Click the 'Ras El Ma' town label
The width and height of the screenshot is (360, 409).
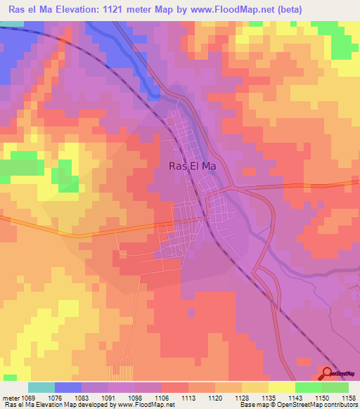[192, 167]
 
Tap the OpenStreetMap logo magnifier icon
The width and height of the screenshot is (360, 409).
[328, 373]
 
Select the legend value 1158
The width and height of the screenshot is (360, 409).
[348, 397]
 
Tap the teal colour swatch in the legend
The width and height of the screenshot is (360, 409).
[41, 387]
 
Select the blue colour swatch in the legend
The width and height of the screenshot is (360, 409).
[68, 387]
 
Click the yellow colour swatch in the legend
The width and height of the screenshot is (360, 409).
[281, 387]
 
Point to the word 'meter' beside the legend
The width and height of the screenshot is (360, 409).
[11, 397]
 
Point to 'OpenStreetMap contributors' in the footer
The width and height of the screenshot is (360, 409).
[320, 405]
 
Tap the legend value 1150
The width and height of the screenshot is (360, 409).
[321, 397]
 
